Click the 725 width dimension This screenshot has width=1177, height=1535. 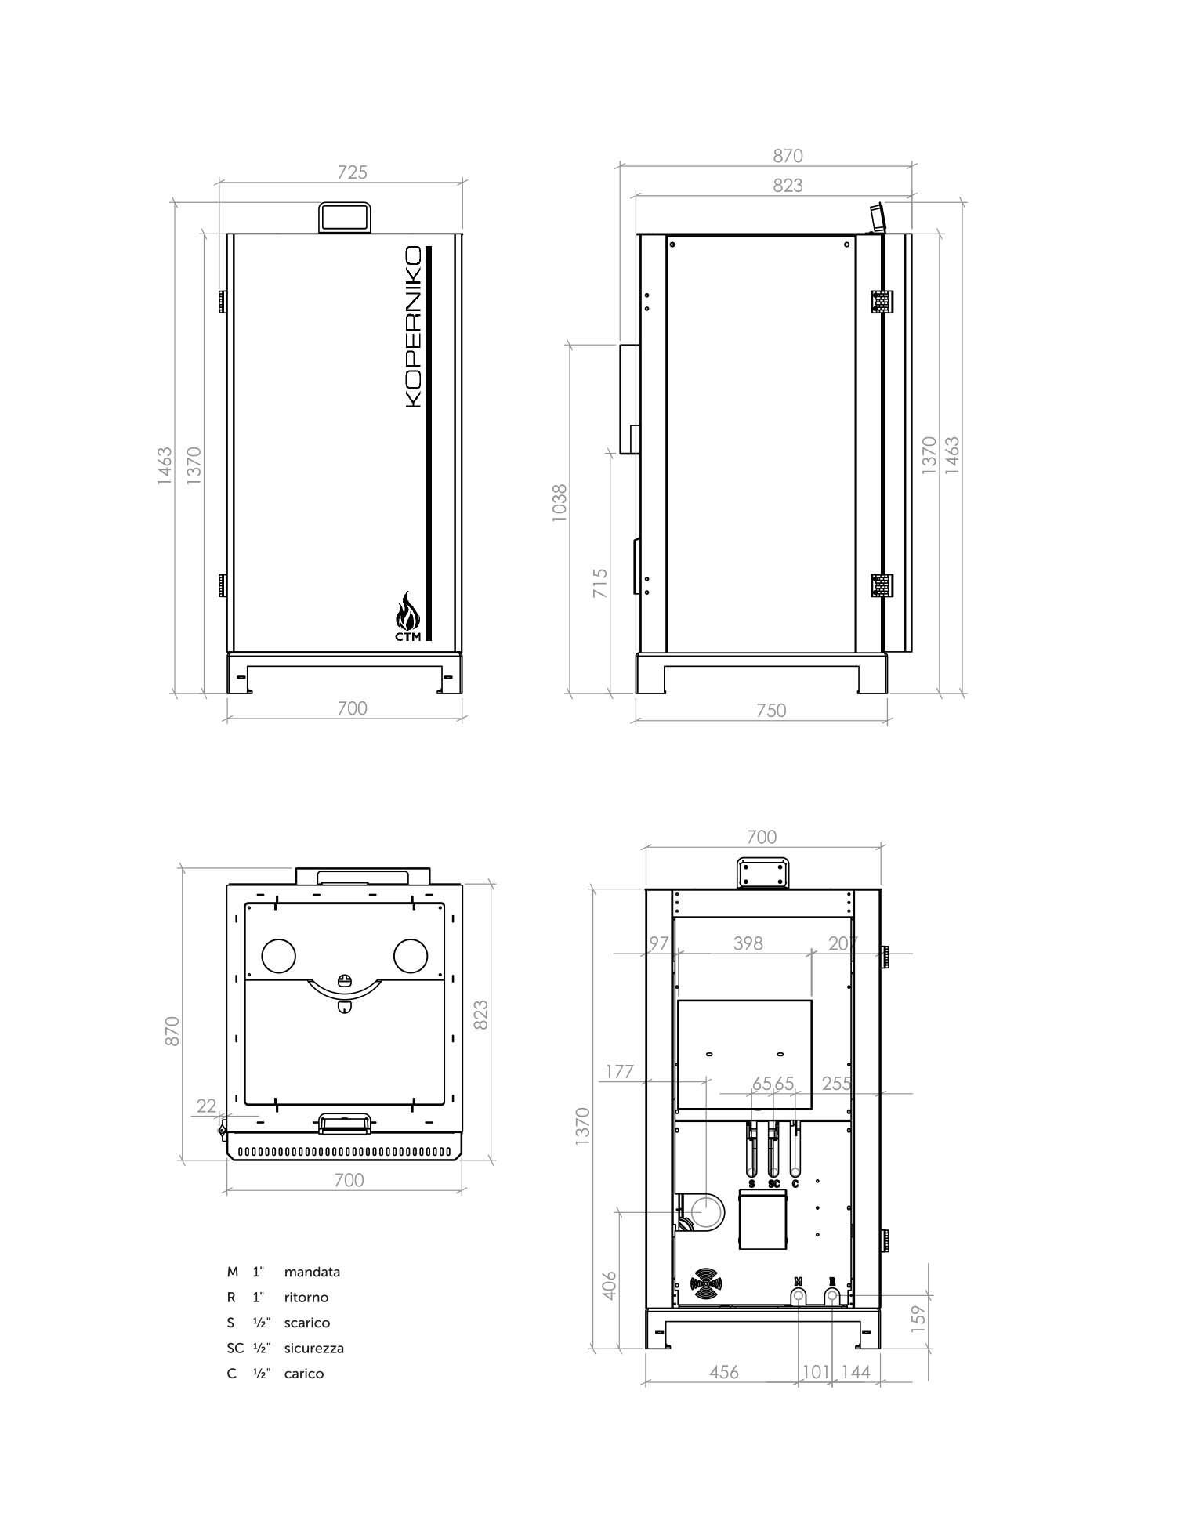[352, 172]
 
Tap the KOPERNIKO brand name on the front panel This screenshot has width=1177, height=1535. [413, 327]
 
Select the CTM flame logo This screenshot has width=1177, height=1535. [407, 617]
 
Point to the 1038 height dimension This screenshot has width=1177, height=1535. [559, 503]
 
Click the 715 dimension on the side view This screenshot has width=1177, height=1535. [600, 584]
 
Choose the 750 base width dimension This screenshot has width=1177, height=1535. [771, 711]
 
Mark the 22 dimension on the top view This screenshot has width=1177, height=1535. [206, 1106]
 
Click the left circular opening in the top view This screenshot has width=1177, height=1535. [278, 955]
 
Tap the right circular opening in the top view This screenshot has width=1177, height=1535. [411, 955]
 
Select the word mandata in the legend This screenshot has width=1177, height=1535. [312, 1272]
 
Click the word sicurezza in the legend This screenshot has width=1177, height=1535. [313, 1348]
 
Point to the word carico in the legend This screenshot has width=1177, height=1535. [304, 1374]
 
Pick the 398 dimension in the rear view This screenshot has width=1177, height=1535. [748, 943]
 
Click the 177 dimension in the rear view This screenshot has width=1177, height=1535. [619, 1071]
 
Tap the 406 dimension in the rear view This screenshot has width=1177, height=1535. [610, 1285]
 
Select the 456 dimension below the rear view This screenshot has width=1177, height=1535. [723, 1372]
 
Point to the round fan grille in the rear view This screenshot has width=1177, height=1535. [705, 1283]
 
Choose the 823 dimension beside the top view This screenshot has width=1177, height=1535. [481, 1015]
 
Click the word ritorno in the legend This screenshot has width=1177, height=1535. [306, 1298]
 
